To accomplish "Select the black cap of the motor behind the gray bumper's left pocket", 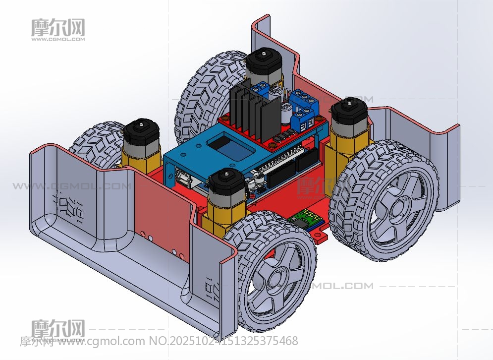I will pos(142,131).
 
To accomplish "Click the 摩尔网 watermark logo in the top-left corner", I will pos(58,29).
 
